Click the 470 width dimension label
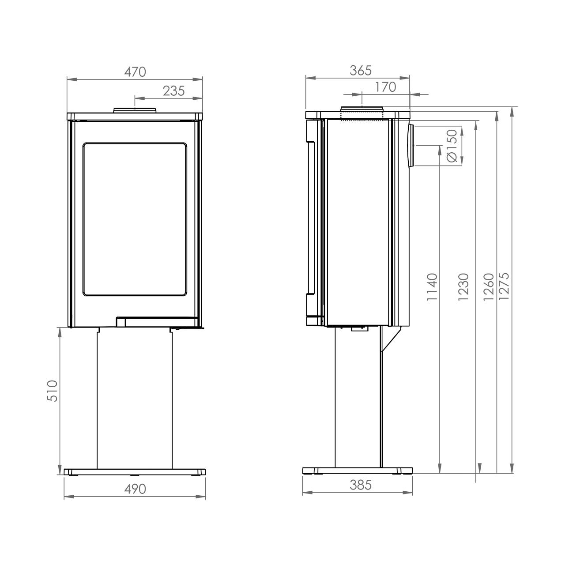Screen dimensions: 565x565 (135, 72)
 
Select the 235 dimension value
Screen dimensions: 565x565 (174, 91)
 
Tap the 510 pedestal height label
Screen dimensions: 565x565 (53, 391)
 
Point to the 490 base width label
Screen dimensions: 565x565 (135, 489)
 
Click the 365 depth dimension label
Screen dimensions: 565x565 (361, 71)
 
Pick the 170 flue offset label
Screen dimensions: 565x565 (385, 87)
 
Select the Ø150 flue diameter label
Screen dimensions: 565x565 (452, 145)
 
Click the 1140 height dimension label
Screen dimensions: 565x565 (432, 287)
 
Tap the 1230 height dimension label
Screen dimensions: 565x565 (463, 287)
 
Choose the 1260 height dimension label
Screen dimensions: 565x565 (489, 287)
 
